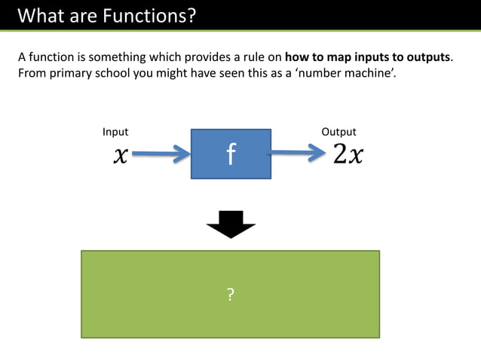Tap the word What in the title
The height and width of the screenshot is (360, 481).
pos(41,15)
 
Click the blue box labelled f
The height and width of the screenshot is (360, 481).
pos(231,154)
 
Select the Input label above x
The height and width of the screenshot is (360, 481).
pos(115,132)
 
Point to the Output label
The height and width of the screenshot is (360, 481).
pos(339,132)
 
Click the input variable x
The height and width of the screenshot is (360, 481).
pos(120,155)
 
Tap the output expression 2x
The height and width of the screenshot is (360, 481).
pos(348,154)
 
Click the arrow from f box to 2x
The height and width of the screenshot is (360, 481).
pos(300,154)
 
